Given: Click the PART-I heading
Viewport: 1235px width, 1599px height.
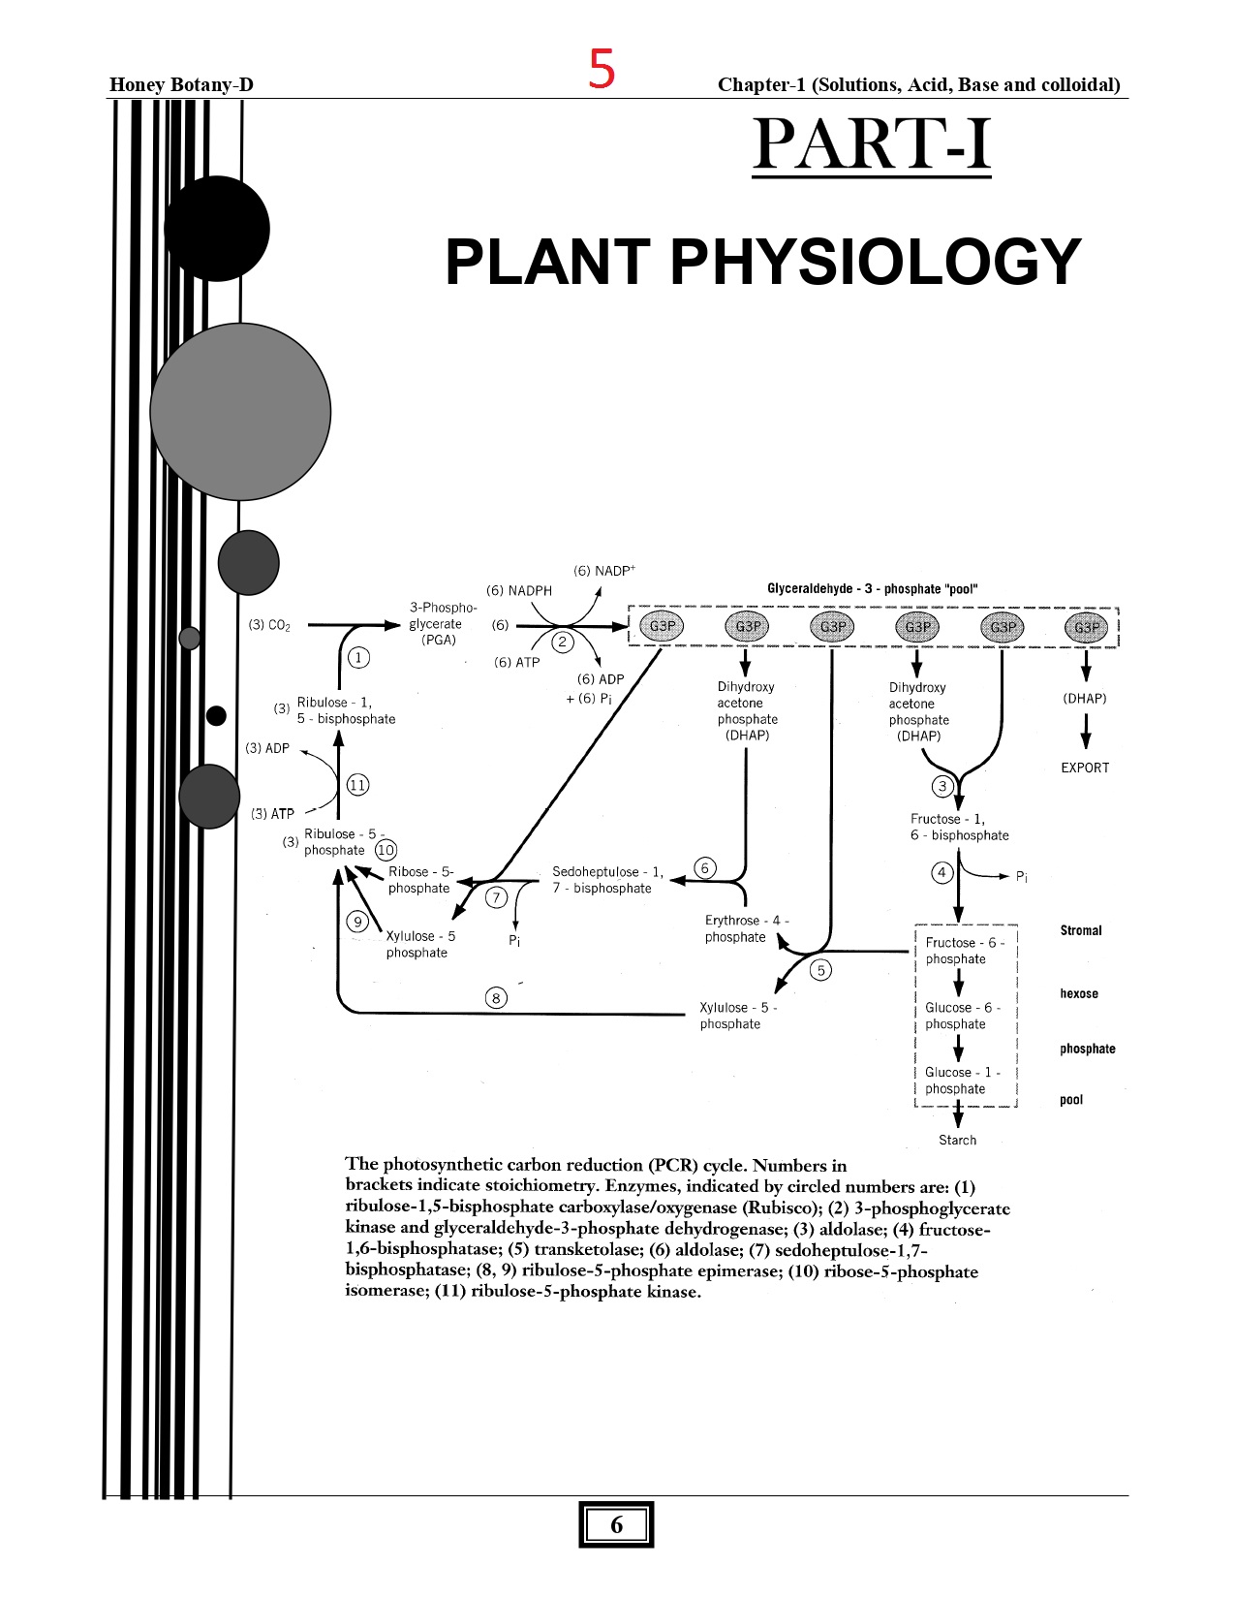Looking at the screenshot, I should [x=871, y=145].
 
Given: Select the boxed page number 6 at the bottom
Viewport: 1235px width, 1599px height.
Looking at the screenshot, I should [x=616, y=1525].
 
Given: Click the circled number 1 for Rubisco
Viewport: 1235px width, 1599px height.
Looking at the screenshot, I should [x=358, y=658].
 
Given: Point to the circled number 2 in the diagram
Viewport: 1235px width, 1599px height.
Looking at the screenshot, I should [x=563, y=642].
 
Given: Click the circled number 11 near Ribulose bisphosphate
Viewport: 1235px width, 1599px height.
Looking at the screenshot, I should [x=357, y=785].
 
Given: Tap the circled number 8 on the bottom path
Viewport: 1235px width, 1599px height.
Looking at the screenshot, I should [x=496, y=997].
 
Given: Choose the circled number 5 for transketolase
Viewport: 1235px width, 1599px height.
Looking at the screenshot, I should [x=820, y=970].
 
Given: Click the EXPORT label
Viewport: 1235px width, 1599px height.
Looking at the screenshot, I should [x=1085, y=768].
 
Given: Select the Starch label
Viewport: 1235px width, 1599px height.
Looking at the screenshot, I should [x=957, y=1140].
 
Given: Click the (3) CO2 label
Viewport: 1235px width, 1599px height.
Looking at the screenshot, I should [x=269, y=625].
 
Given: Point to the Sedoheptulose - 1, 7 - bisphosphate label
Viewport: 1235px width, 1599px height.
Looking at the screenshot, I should [x=607, y=880].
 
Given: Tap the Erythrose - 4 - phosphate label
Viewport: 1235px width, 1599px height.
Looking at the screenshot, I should [x=746, y=928].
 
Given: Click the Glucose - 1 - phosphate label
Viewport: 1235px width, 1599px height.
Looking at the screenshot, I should [x=962, y=1081].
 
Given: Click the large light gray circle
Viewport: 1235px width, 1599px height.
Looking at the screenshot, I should [x=240, y=412].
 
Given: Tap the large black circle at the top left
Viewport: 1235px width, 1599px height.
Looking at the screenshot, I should [x=217, y=229].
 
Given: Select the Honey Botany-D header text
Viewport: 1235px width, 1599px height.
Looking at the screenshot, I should [x=181, y=84].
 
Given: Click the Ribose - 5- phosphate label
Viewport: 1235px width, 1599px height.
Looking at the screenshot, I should [x=420, y=880].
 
